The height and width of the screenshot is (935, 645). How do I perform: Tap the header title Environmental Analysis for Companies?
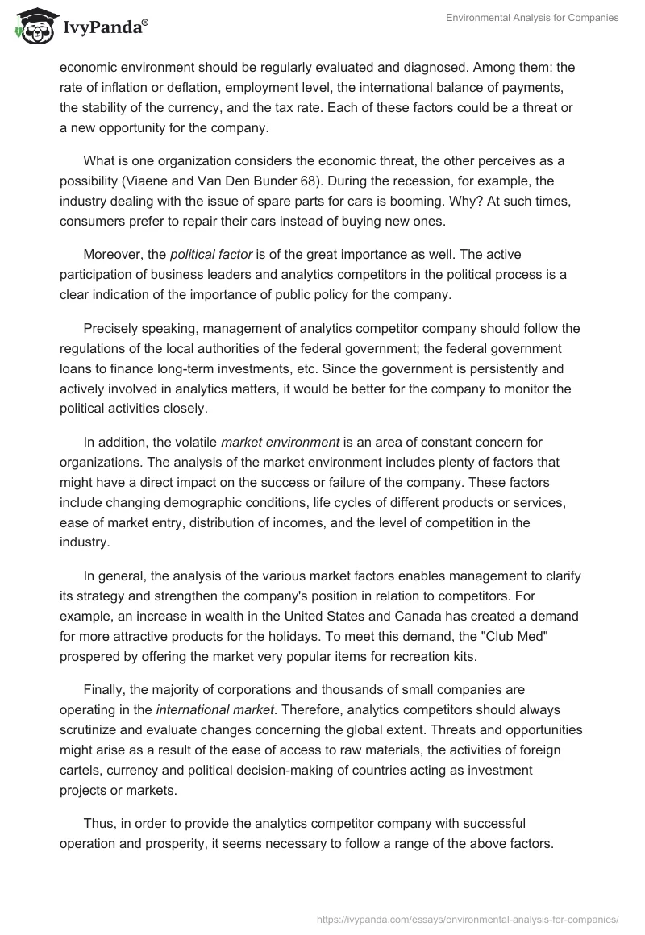532,18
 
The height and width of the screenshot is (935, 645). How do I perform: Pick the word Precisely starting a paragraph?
110,330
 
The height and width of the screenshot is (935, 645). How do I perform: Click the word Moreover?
112,256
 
